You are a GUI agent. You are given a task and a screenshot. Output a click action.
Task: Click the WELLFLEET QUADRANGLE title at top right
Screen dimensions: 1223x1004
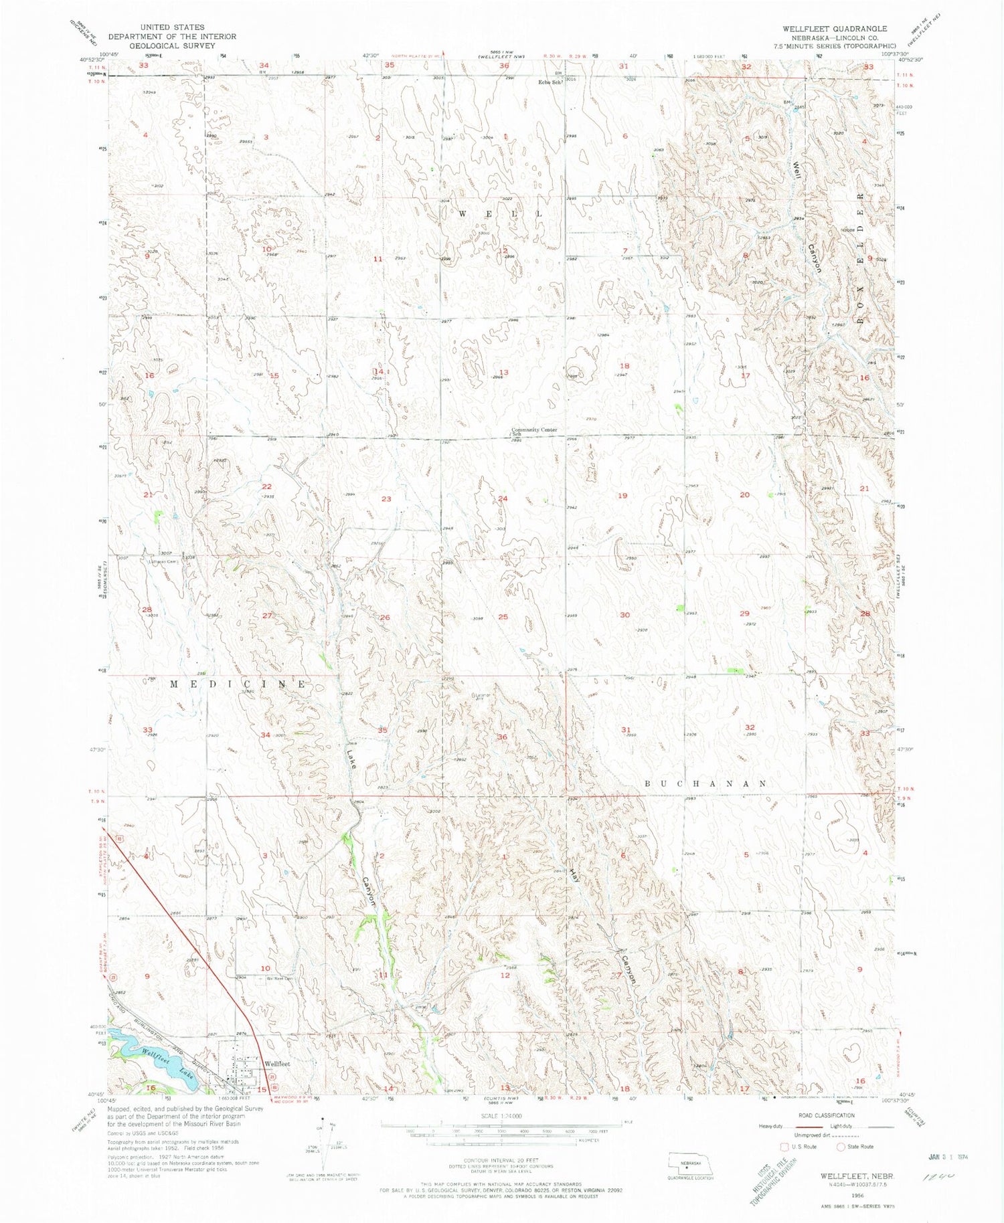click(835, 29)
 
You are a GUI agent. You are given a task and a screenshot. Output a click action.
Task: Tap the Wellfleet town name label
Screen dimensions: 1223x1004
click(276, 1063)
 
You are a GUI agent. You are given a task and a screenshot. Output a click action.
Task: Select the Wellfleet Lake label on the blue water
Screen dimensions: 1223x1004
click(168, 1064)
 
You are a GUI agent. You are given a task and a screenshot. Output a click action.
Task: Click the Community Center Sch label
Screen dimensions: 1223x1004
click(533, 430)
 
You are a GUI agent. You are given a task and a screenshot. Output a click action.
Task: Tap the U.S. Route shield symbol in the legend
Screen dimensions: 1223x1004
click(785, 1147)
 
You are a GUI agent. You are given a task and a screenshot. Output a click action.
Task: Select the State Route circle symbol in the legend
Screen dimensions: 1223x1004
click(841, 1147)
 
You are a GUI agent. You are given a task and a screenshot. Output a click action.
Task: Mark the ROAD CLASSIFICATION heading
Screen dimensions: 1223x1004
click(826, 1115)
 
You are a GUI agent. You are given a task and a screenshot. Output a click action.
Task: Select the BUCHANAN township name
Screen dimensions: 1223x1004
click(705, 783)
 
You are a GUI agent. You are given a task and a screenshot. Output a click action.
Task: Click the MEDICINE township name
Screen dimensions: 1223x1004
click(238, 684)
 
